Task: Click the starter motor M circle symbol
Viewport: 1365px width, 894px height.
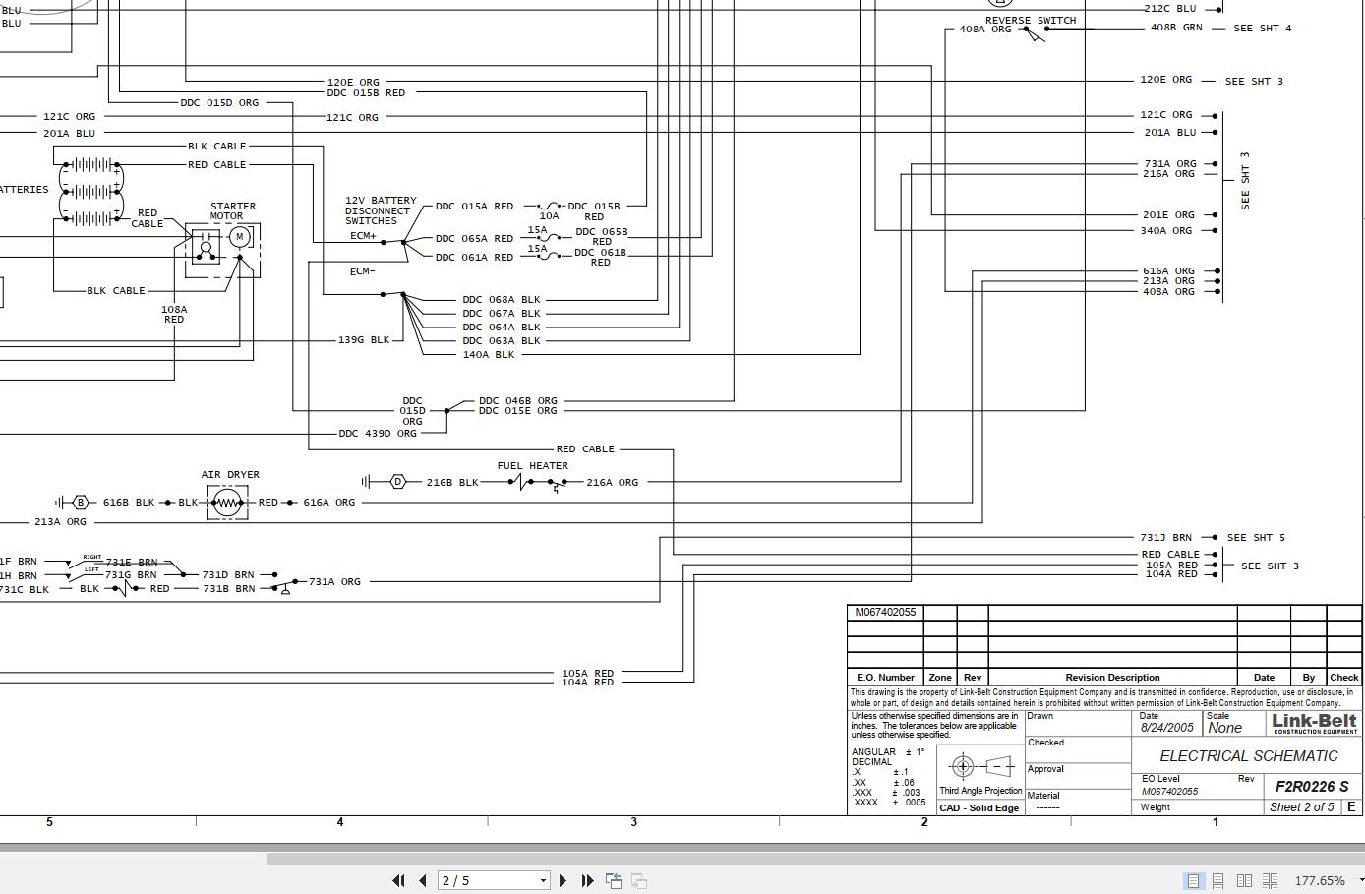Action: tap(239, 237)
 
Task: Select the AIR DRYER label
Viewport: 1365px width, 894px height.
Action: tap(230, 475)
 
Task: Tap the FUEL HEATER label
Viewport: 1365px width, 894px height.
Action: tap(532, 466)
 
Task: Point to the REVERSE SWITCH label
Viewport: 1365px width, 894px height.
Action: tap(1031, 21)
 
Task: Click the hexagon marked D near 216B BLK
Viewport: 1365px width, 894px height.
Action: tap(397, 482)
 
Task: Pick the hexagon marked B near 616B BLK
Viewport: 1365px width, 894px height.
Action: tap(81, 503)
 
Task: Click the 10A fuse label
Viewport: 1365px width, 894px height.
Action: tap(549, 216)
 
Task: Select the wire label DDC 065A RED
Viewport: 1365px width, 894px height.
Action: tap(474, 238)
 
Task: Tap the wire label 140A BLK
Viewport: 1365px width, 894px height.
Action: tap(488, 354)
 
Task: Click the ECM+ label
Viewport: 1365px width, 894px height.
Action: tap(363, 236)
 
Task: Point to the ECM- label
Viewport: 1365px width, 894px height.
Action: tap(362, 271)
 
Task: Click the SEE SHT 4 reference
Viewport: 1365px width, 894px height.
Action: tap(1263, 29)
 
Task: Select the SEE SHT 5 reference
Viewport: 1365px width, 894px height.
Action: tap(1270, 538)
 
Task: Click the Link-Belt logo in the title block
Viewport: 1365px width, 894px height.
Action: tap(1314, 723)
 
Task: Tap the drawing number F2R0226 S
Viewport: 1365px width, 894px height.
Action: tap(1312, 786)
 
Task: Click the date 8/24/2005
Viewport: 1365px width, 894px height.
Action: tap(1167, 729)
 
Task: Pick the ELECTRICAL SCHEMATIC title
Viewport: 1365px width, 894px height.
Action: tap(1248, 756)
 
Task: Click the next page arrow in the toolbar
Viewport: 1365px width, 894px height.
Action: tap(563, 881)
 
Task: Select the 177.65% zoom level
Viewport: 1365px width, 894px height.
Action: tap(1320, 881)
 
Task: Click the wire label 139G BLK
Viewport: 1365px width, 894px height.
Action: tap(363, 340)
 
